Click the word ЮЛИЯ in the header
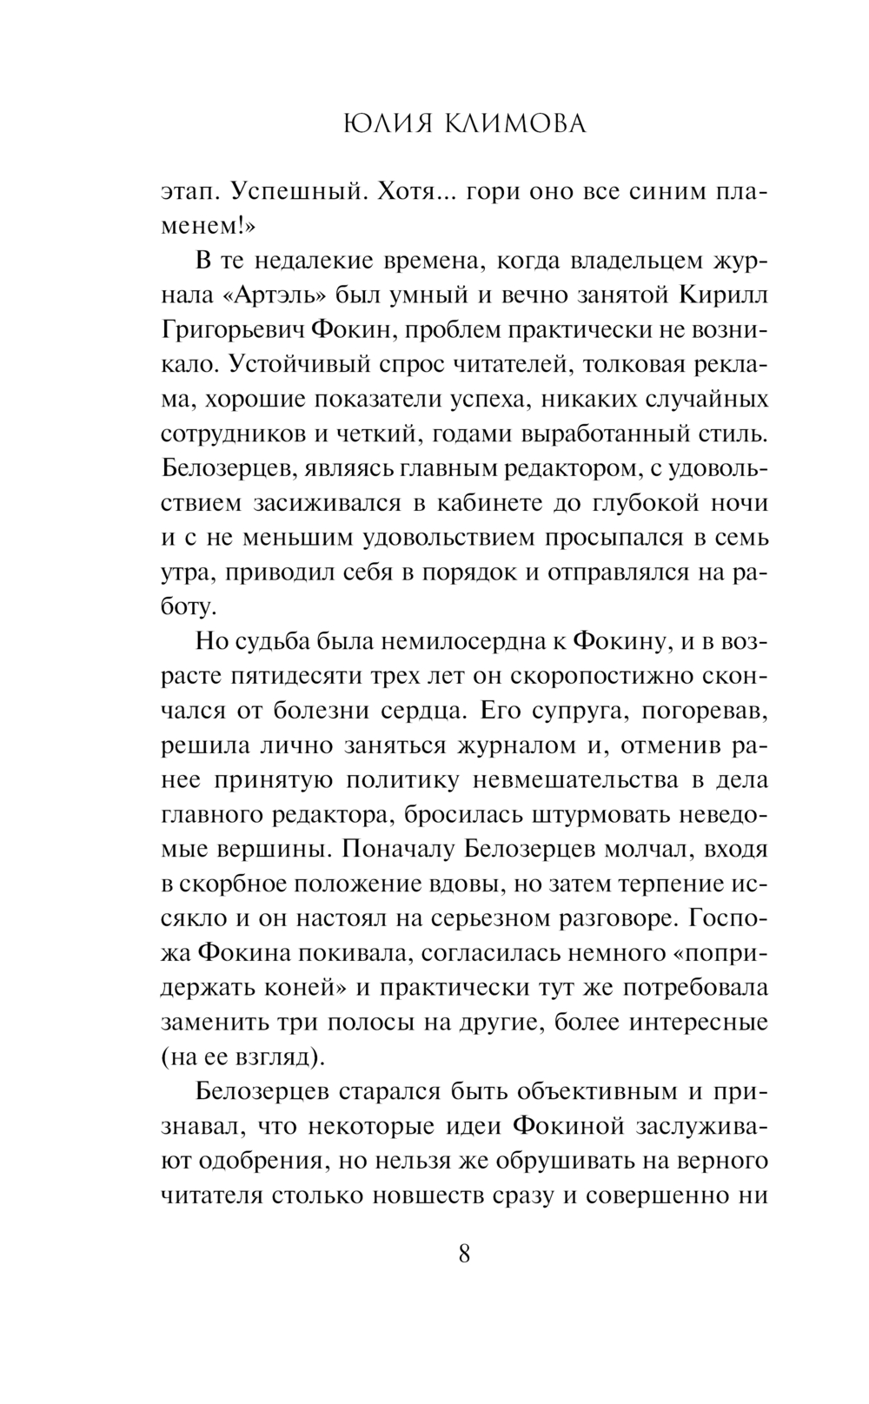click(x=374, y=125)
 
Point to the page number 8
click(x=464, y=1254)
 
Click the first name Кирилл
click(x=723, y=295)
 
